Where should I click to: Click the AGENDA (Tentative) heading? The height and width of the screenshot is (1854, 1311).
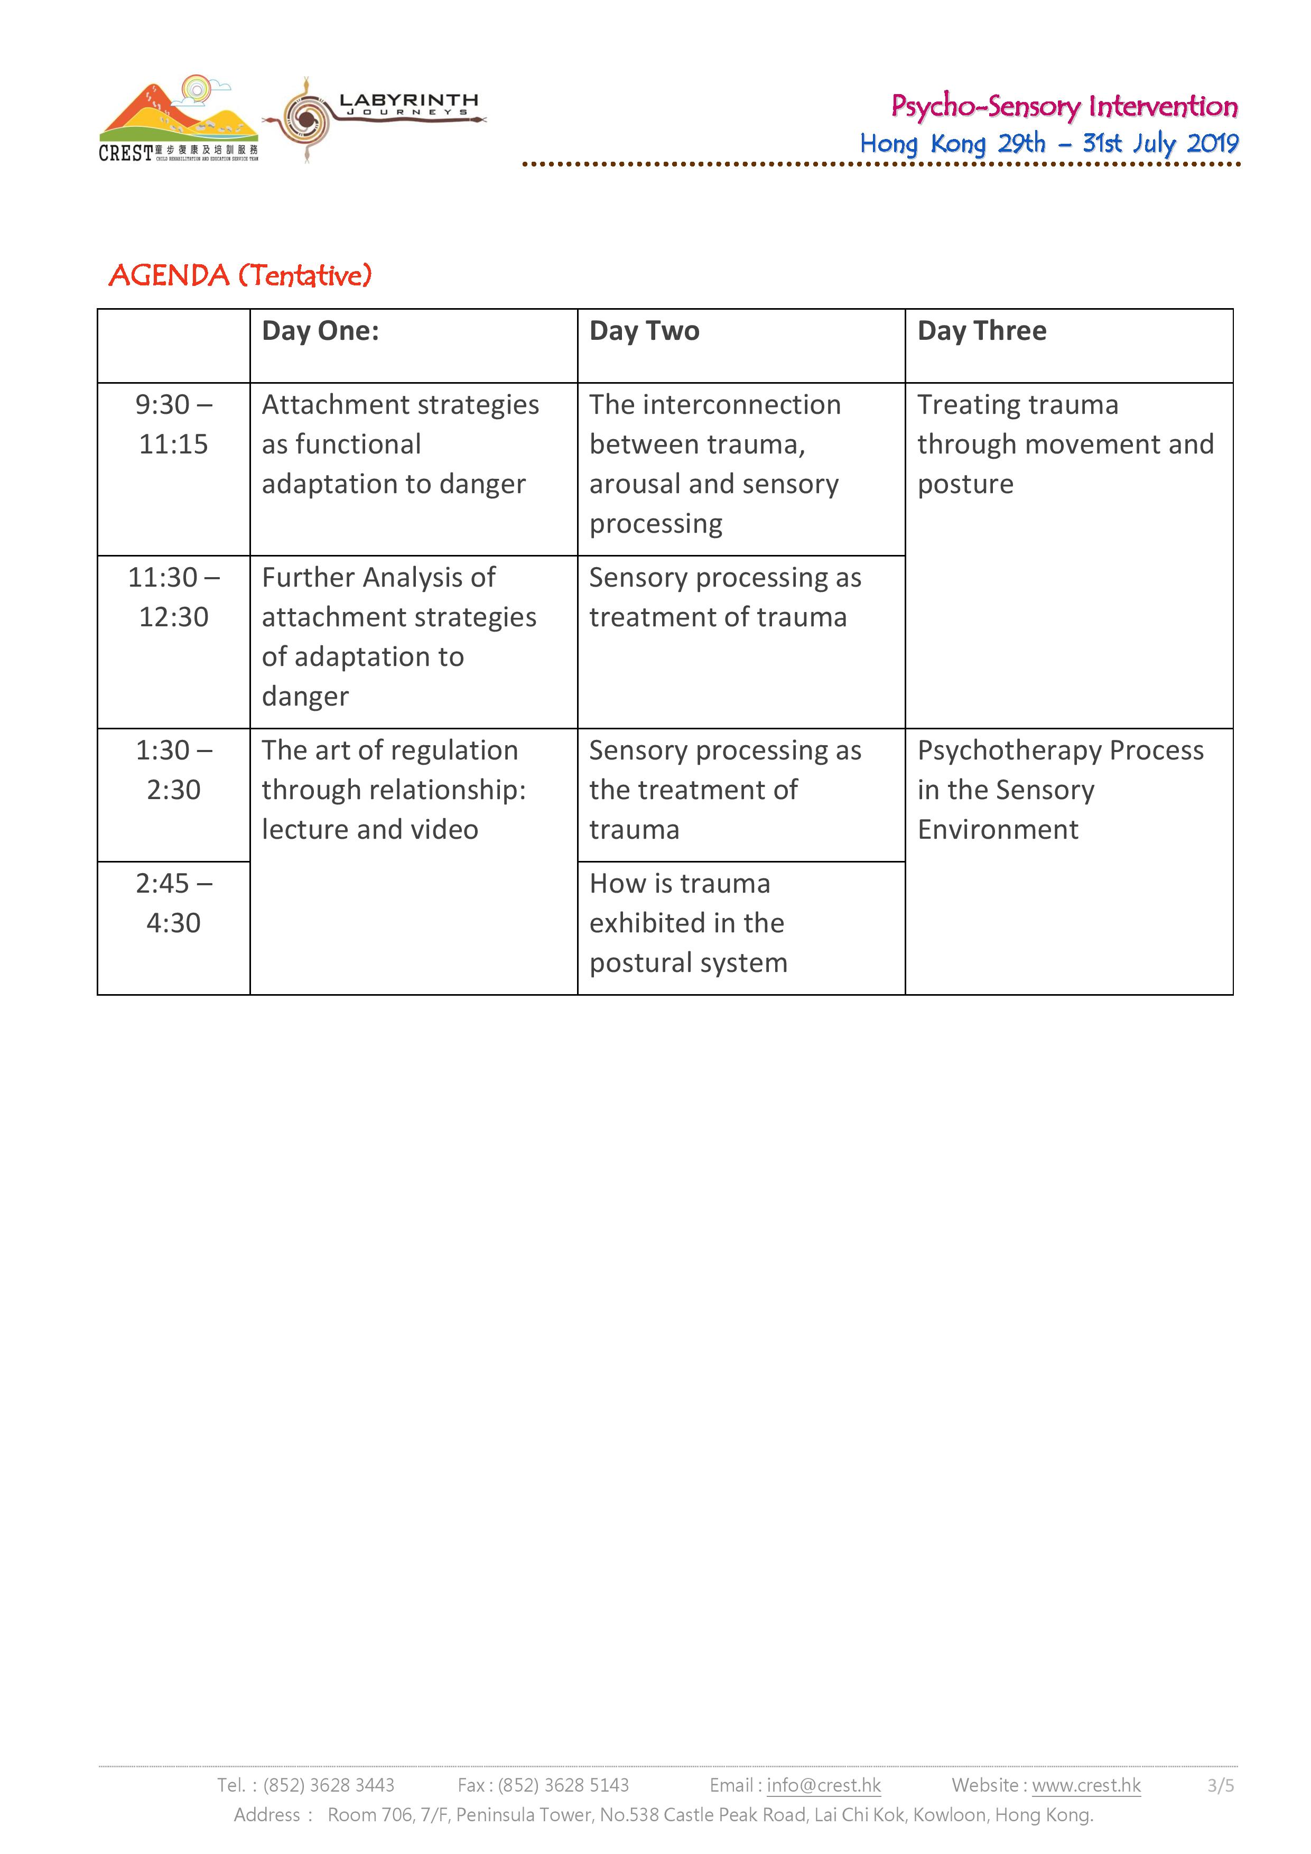point(240,275)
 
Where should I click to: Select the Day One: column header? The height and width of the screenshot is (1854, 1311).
point(321,331)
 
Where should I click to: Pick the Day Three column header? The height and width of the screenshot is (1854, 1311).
point(982,331)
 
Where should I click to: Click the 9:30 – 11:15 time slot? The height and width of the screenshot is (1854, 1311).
point(173,424)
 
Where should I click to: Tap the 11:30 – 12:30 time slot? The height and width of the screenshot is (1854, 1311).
point(173,597)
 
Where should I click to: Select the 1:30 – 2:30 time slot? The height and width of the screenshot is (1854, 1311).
point(173,770)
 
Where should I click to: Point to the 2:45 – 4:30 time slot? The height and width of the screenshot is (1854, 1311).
point(173,903)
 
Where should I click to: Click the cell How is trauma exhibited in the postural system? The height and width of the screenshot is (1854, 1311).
point(688,923)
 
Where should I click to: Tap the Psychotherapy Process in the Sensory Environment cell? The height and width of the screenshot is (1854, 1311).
point(1060,790)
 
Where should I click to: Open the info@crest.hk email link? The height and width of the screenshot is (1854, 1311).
point(823,1785)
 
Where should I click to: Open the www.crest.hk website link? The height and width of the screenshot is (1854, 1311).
point(1086,1785)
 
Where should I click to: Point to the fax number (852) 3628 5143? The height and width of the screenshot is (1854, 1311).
point(563,1785)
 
